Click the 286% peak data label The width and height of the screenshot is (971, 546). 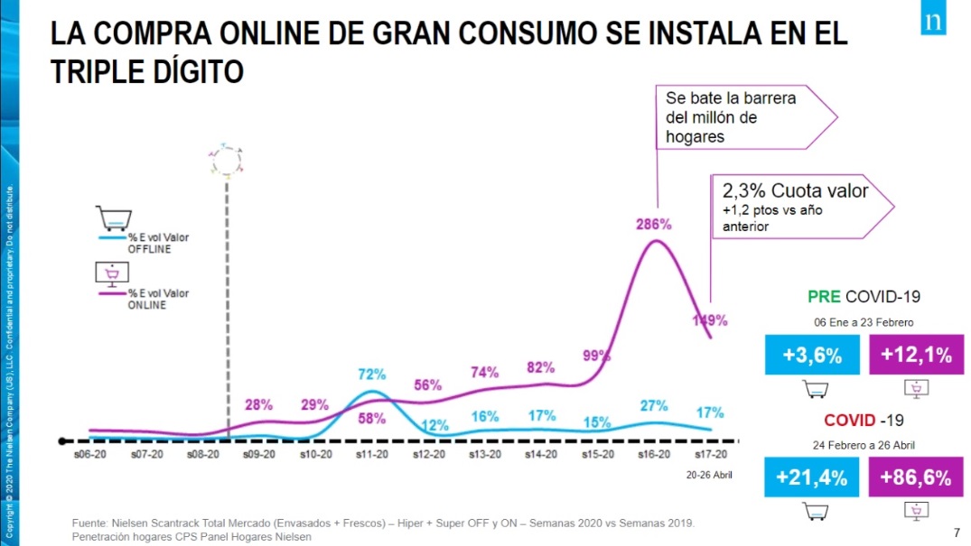[653, 225]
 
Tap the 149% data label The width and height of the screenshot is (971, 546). [709, 319]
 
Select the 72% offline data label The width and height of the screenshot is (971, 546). [372, 374]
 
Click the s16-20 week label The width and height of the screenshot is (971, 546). [653, 455]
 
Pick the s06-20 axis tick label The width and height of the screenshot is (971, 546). [89, 455]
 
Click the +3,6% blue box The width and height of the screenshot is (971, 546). [812, 355]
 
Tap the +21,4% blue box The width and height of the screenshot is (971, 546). [812, 479]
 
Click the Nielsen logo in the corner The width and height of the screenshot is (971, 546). [934, 19]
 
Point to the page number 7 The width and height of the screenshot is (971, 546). [957, 532]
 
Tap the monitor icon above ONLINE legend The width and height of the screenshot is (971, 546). [113, 272]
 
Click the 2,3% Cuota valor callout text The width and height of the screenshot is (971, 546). [794, 191]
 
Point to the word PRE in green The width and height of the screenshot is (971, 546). [825, 296]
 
